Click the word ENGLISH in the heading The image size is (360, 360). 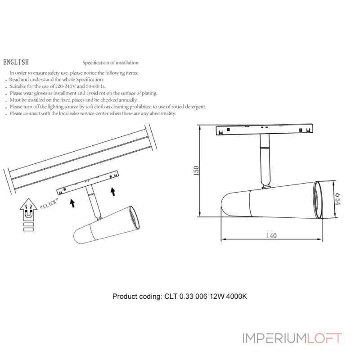(16, 63)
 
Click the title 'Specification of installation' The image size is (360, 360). (110, 63)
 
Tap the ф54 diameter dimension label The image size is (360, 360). (338, 197)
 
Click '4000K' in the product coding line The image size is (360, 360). (236, 297)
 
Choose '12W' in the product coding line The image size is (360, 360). (217, 297)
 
